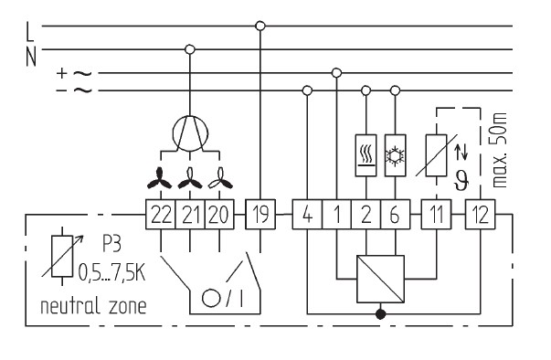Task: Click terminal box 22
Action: point(161,214)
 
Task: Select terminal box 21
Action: point(190,214)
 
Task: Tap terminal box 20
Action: point(219,214)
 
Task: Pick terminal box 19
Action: point(260,214)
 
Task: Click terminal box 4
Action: point(307,214)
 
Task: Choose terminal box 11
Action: point(437,214)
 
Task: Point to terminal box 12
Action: point(481,214)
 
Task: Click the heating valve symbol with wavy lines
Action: point(366,155)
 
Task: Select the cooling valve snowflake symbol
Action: point(396,155)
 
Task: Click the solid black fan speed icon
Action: point(160,178)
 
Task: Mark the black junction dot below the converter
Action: point(380,314)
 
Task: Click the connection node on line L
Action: point(260,26)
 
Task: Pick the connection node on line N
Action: point(190,49)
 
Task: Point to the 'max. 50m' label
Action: point(499,150)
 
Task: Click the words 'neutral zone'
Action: point(93,306)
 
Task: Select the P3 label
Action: point(111,243)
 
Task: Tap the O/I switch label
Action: point(222,299)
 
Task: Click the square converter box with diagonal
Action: point(380,280)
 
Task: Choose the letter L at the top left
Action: point(30,31)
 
